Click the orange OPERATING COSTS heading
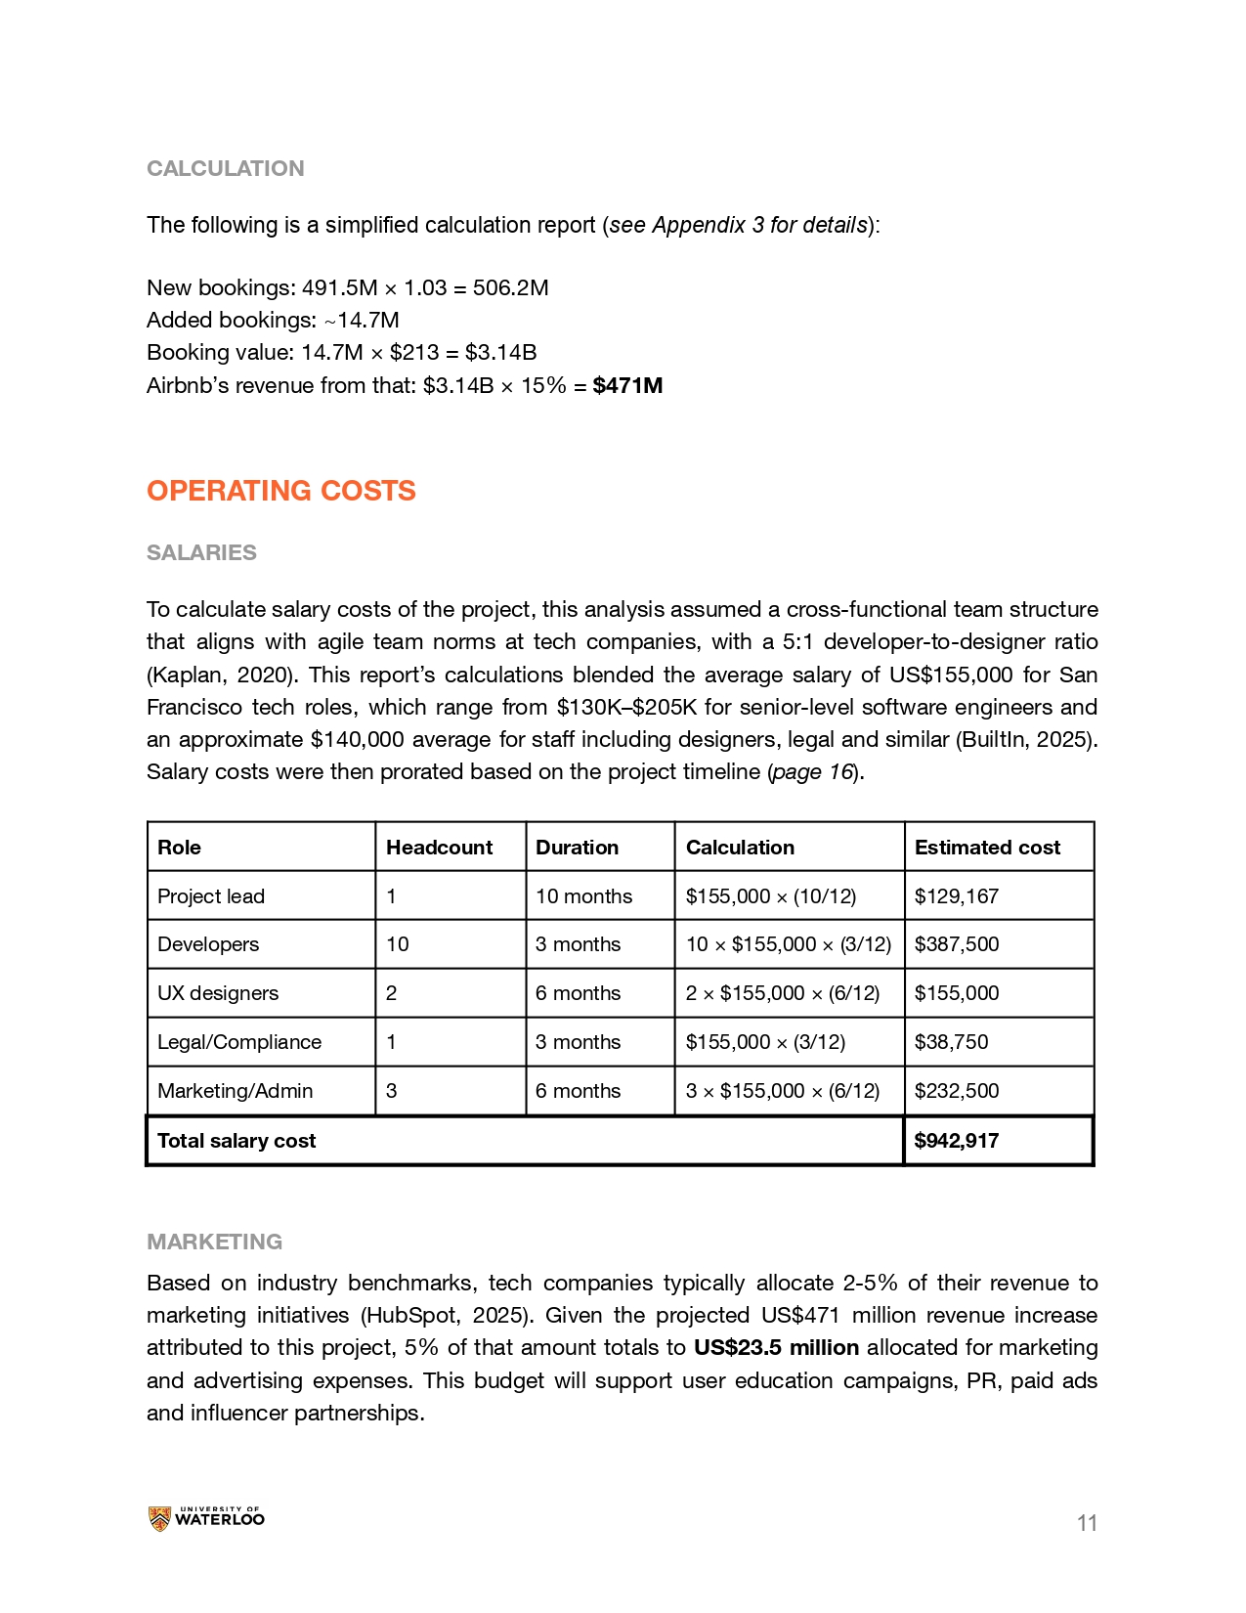pos(281,491)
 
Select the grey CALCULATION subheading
pos(226,168)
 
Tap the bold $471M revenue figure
pos(627,385)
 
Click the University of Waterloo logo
pos(206,1518)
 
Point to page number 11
pos(1087,1523)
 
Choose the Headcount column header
pos(440,848)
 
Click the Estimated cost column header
pos(987,848)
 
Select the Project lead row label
pos(211,896)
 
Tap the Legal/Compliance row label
pos(239,1042)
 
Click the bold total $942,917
pos(957,1141)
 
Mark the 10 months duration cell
pos(583,896)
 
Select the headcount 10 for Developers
pos(398,944)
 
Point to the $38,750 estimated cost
pos(951,1042)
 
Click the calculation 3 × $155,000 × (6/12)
pos(783,1091)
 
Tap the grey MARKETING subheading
pos(215,1242)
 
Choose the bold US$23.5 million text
pos(777,1348)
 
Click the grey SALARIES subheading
pos(201,552)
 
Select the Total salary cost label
pos(236,1141)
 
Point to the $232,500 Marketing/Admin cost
pos(957,1091)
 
